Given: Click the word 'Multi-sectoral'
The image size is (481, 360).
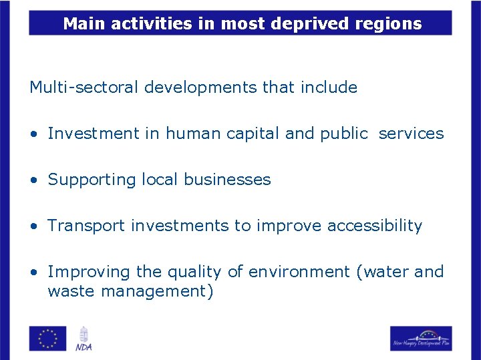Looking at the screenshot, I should [x=84, y=87].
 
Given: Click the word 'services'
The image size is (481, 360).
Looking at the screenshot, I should [x=411, y=134].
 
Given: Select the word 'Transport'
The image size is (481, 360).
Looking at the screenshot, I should [x=86, y=226].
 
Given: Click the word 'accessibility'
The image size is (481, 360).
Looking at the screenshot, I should [x=375, y=226].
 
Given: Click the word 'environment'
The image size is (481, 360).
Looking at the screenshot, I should [x=299, y=272].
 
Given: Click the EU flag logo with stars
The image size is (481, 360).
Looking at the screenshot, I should [x=47, y=338].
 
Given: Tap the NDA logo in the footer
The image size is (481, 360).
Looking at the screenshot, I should [x=84, y=339].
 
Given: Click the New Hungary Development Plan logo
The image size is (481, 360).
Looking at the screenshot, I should [x=421, y=339].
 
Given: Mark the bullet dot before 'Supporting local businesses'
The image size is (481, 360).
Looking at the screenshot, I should [x=33, y=180].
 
